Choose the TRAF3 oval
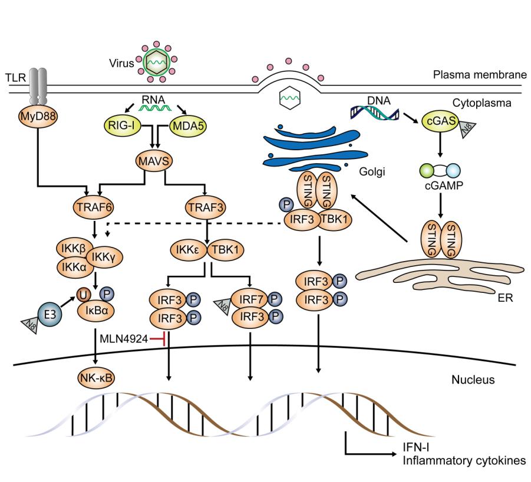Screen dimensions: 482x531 pos(206,207)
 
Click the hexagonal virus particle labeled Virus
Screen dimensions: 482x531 pos(156,62)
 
